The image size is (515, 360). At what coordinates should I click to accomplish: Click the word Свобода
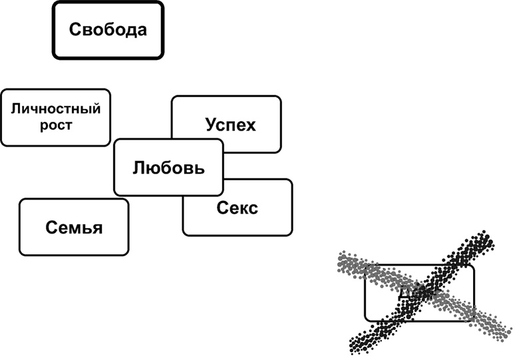[x=108, y=30]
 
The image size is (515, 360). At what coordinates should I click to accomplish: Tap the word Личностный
[x=56, y=109]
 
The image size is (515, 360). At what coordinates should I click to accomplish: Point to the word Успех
[x=230, y=124]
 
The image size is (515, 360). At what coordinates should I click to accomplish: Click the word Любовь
[x=168, y=167]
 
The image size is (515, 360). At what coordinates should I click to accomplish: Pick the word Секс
[x=237, y=208]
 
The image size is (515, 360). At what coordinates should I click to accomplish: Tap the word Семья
[x=75, y=228]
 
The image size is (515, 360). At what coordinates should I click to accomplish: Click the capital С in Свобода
[x=75, y=30]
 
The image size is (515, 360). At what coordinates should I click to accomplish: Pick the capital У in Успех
[x=210, y=124]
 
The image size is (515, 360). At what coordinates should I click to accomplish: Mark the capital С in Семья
[x=51, y=228]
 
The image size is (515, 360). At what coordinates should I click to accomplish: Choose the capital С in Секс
[x=222, y=208]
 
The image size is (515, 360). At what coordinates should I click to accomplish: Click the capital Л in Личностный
[x=15, y=109]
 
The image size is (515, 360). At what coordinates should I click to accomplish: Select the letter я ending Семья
[x=97, y=228]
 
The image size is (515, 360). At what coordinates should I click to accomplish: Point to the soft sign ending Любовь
[x=198, y=167]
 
